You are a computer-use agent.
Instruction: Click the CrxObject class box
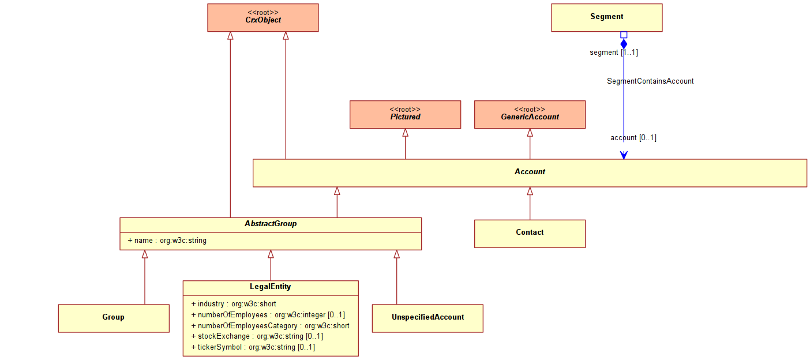click(x=263, y=18)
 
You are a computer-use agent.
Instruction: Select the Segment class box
click(x=607, y=18)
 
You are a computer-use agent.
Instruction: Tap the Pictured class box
click(x=406, y=115)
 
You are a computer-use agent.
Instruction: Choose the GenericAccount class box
click(x=530, y=115)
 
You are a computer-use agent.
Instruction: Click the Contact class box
click(x=530, y=234)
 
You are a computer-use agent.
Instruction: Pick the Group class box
click(x=114, y=318)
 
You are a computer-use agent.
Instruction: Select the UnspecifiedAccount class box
click(x=427, y=318)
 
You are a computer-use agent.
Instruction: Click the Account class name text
click(x=530, y=172)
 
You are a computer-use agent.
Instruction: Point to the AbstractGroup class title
click(x=271, y=224)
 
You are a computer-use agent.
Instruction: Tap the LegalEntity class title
click(x=271, y=287)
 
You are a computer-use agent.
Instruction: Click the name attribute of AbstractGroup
click(x=167, y=241)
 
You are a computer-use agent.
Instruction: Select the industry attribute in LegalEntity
click(x=234, y=304)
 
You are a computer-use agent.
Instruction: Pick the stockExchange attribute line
click(x=257, y=336)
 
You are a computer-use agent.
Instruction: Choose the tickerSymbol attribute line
click(x=253, y=347)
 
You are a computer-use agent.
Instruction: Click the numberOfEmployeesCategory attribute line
click(x=270, y=325)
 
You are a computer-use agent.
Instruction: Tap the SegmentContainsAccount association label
click(x=650, y=81)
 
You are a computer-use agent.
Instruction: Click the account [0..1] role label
click(x=633, y=138)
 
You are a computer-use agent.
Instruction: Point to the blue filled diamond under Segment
click(x=624, y=44)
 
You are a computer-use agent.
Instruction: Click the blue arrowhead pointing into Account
click(x=624, y=155)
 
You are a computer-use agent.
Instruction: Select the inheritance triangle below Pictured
click(x=406, y=133)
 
